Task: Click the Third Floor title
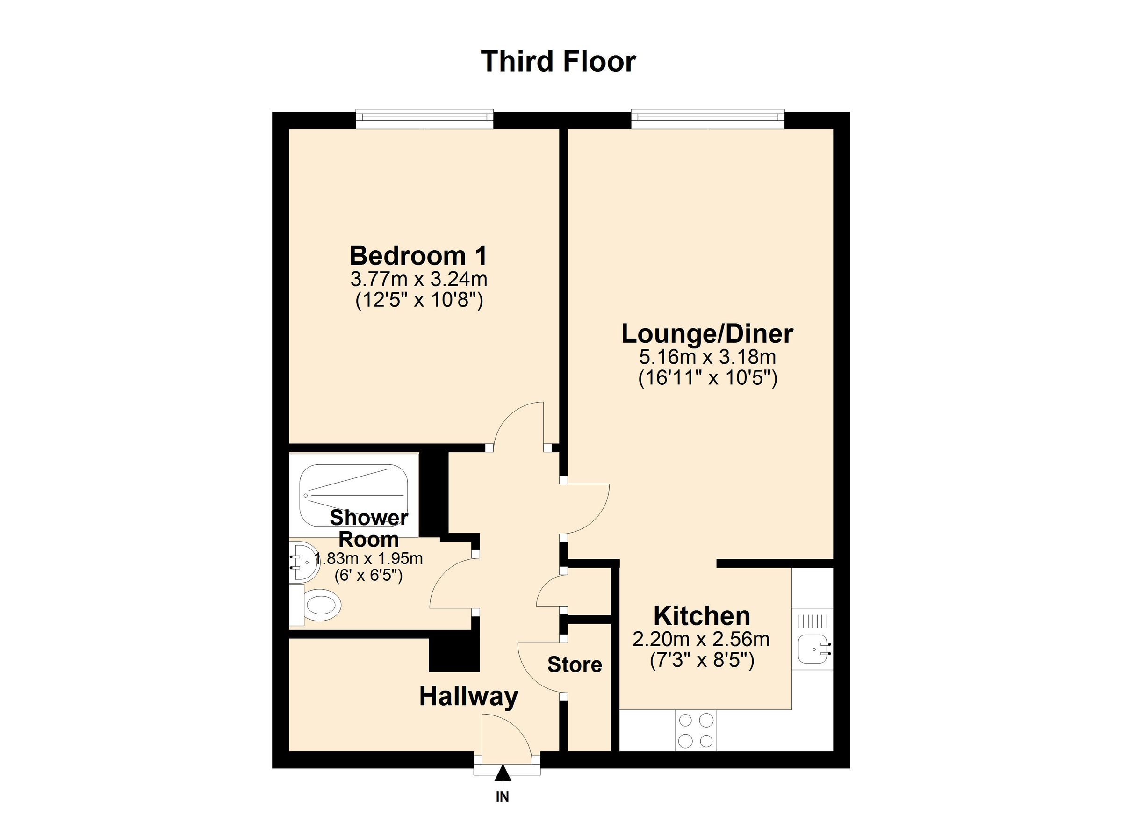tap(558, 61)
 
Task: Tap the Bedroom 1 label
tap(418, 256)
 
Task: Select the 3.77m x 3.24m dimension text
tap(418, 280)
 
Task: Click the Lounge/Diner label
tap(707, 334)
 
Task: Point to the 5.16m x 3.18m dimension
tap(707, 357)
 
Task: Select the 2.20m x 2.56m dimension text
tap(700, 640)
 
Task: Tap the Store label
tap(575, 665)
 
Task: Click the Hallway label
tap(468, 697)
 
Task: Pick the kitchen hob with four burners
tap(696, 730)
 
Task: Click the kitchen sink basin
tap(813, 649)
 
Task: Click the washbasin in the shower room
tap(303, 562)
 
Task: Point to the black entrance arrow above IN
tap(502, 773)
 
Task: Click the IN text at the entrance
tap(502, 797)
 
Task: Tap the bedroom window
tap(424, 118)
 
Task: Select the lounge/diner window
tap(707, 118)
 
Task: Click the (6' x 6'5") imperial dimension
tap(368, 576)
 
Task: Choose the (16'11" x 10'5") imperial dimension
tap(707, 379)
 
